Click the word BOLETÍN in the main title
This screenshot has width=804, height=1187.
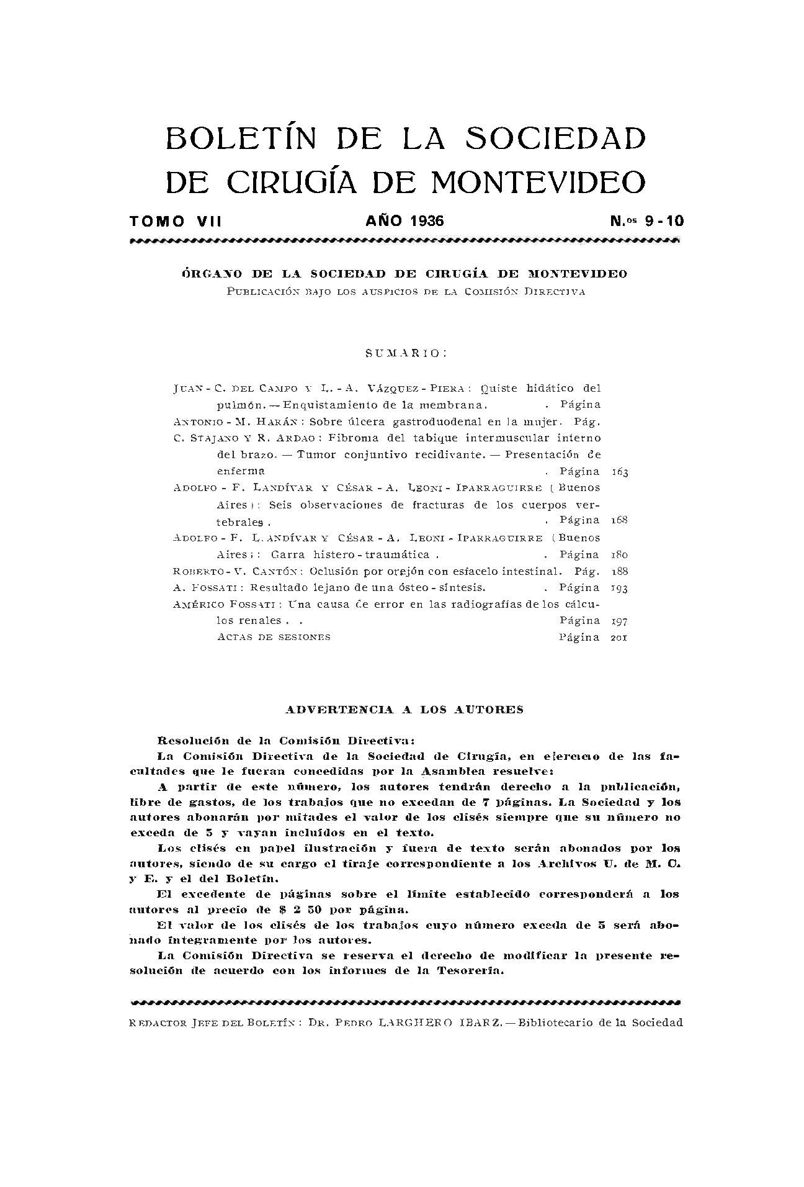pos(241,138)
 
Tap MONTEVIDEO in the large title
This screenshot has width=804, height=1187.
pos(538,181)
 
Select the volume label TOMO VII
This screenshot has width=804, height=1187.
pos(176,221)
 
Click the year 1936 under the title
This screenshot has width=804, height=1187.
pos(426,221)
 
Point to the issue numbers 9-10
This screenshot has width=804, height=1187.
pos(664,221)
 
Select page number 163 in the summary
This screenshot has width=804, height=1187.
pos(620,472)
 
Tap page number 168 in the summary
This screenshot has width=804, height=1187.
pos(620,520)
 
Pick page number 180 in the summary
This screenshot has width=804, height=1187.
pos(620,555)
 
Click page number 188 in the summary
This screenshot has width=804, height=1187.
pos(620,572)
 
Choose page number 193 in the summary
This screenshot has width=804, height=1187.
pos(620,588)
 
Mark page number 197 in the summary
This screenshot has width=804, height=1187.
pos(620,621)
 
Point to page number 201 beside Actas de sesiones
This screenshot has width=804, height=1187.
pos(620,637)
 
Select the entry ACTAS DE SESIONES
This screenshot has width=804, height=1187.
pos(274,637)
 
